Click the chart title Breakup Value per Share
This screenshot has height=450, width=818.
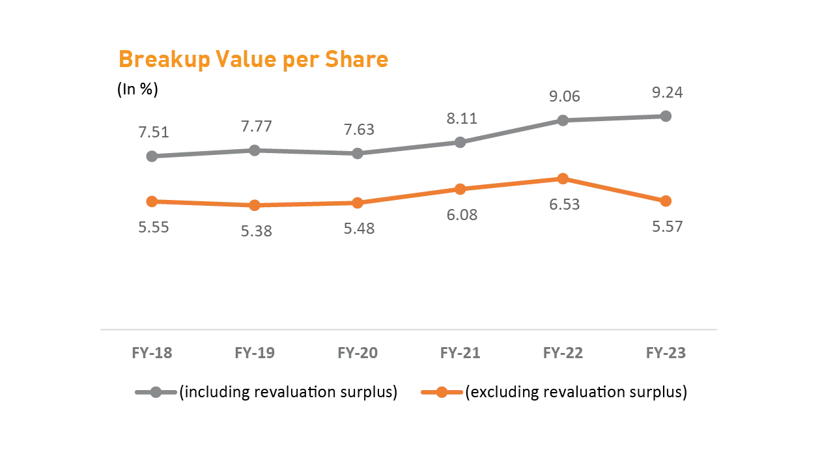[254, 60]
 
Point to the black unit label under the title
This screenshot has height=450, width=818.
[137, 89]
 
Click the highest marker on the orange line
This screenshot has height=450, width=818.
[563, 178]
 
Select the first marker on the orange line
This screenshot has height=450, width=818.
[152, 201]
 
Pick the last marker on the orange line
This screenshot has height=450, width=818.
[666, 201]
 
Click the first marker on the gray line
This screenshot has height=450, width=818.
[151, 156]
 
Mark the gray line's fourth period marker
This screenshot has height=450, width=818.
[460, 143]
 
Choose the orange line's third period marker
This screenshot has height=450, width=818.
[358, 203]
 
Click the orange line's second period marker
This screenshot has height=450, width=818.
[255, 206]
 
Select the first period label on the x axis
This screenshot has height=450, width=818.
[151, 352]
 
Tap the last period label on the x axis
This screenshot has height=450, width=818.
[667, 352]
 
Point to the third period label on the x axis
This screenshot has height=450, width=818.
[357, 352]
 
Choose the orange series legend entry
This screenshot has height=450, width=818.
[554, 392]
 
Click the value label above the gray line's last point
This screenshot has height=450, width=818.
[669, 92]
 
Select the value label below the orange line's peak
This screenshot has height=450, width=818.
[565, 206]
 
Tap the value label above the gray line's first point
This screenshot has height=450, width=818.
[153, 134]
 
